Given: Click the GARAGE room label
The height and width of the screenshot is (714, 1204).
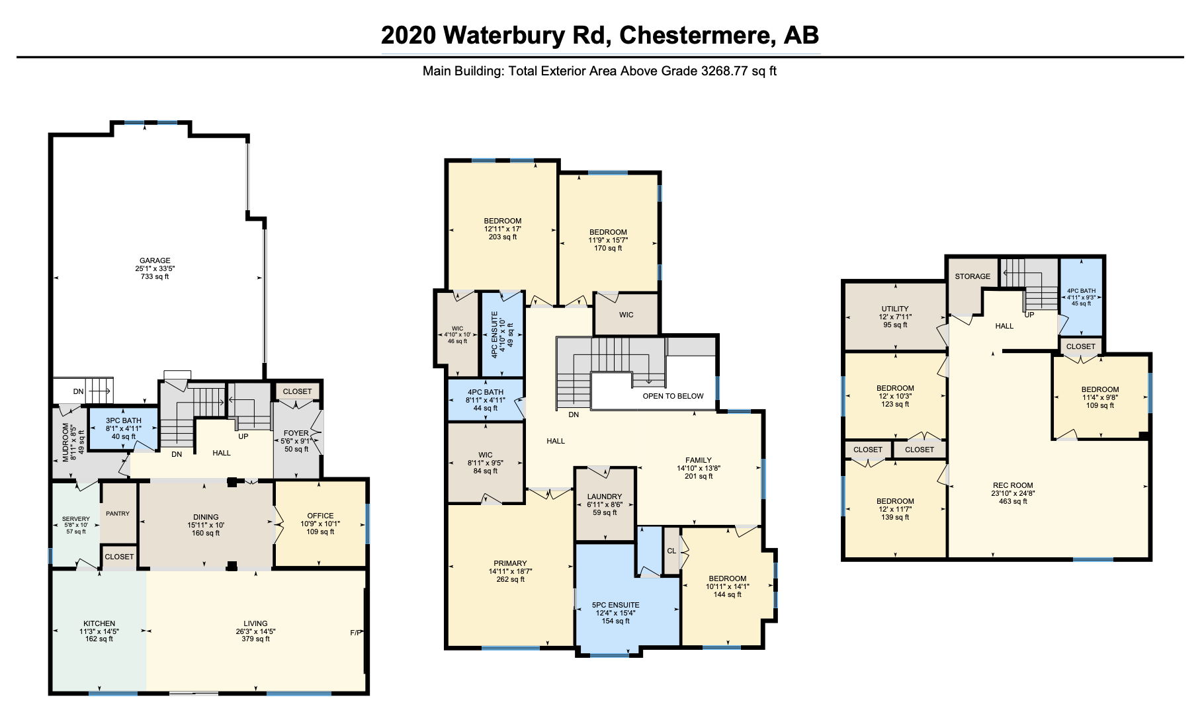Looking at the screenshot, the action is point(155,260).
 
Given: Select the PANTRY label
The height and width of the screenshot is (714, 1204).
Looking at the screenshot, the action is point(118,514).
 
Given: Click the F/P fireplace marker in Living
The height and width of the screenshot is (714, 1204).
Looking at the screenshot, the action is point(356,633).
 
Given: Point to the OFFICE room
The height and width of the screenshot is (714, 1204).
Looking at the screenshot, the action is point(320,524).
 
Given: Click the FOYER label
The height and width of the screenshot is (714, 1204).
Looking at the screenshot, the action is point(296,433).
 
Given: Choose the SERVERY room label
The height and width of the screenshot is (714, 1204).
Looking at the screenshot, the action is point(75,519).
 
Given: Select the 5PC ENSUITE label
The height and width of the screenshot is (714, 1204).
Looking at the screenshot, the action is point(615,605).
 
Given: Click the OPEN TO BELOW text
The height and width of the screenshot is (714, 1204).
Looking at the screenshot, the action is point(673,396).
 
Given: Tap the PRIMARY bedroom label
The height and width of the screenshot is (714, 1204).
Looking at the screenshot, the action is point(510,563).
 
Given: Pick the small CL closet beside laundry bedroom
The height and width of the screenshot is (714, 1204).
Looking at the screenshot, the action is point(671,551).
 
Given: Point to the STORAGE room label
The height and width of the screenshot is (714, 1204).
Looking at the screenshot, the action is point(972,276).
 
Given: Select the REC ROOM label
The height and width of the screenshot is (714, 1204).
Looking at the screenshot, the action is point(1013,485).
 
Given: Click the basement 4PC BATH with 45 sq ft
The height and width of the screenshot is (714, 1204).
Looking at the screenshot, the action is point(1081,297).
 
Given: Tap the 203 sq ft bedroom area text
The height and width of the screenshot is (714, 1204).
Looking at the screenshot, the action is point(503,237).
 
